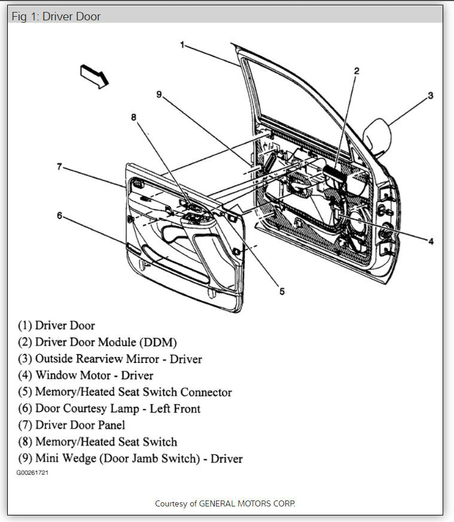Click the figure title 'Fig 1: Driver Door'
click(57, 16)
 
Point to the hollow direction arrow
click(94, 76)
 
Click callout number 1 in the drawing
click(182, 45)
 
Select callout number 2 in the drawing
click(357, 71)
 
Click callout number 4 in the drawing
click(430, 242)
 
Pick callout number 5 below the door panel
click(282, 292)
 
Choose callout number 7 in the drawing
click(59, 167)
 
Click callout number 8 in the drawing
click(134, 117)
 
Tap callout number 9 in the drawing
click(159, 93)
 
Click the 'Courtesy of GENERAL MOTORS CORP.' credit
click(226, 503)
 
